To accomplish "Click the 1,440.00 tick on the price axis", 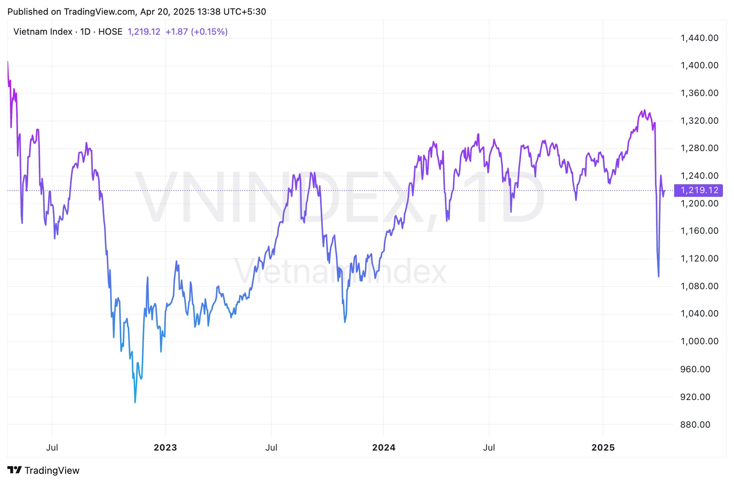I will click(699, 38).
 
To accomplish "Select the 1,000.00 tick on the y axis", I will click(699, 341).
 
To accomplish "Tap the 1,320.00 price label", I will click(699, 121).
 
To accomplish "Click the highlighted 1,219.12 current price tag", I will click(699, 190).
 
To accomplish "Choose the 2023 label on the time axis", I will click(165, 447).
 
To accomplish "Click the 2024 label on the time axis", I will click(383, 447).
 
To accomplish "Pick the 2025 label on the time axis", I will click(603, 447).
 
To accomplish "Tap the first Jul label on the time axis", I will click(52, 447).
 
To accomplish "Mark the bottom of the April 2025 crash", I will click(658, 276).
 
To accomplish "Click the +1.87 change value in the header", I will click(176, 32).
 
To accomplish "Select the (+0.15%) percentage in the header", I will click(209, 32).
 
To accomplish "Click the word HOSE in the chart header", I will click(110, 32).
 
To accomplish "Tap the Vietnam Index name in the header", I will click(43, 32).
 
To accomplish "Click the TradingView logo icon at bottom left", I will click(15, 470).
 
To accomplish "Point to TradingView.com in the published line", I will click(99, 11).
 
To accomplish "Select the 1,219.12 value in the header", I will click(144, 32).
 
